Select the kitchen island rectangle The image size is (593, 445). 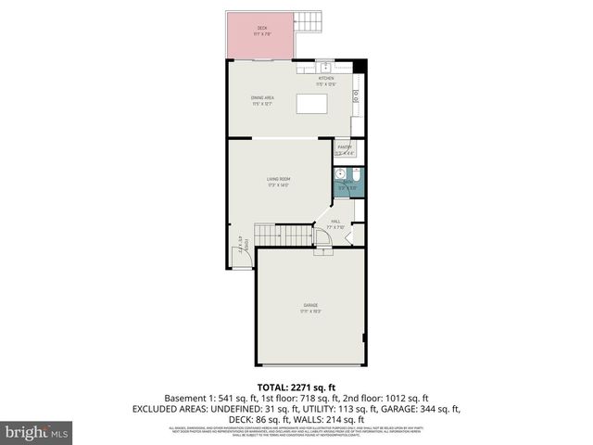click(310, 103)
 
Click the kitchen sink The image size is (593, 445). click(324, 66)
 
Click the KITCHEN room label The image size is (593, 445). click(325, 78)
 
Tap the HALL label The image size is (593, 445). click(336, 222)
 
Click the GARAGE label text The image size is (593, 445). click(310, 305)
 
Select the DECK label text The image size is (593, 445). click(262, 29)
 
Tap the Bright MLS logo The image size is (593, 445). click(37, 431)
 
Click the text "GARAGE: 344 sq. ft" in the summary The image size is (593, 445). click(413, 407)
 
